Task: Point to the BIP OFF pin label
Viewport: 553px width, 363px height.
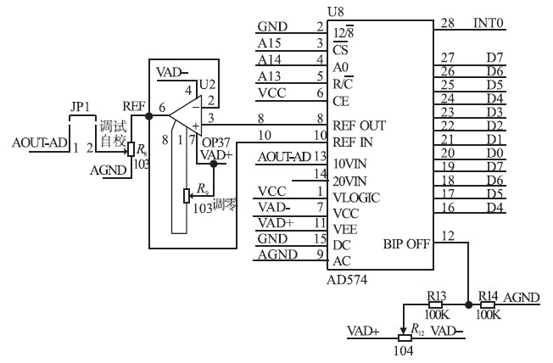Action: click(x=406, y=243)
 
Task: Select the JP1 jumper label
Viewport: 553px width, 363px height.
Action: click(x=81, y=108)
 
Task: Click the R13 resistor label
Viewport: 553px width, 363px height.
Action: click(x=437, y=296)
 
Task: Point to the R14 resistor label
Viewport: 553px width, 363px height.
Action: click(x=487, y=296)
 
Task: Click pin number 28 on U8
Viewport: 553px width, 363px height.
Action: click(x=447, y=25)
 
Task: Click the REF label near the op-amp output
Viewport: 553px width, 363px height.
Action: click(x=133, y=106)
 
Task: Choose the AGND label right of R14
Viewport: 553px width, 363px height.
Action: click(x=521, y=297)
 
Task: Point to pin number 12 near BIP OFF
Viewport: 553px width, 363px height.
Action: click(x=447, y=234)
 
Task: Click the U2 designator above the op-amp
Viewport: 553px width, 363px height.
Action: click(x=207, y=84)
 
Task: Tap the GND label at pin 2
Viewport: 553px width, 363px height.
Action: click(x=272, y=27)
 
